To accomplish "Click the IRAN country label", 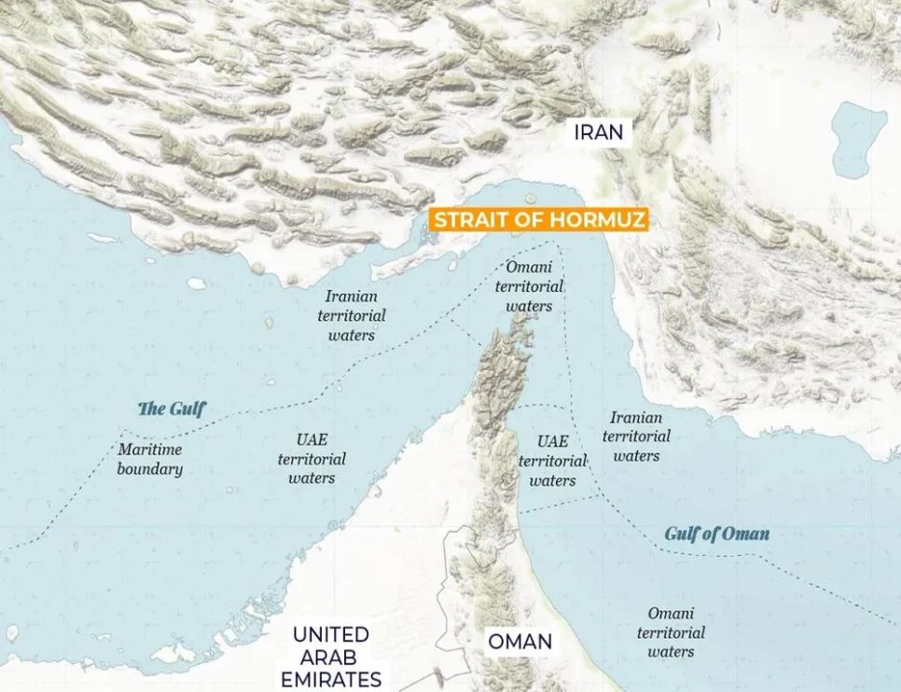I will coord(598,131).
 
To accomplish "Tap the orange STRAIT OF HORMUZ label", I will coord(537,221).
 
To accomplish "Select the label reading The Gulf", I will coord(172,408).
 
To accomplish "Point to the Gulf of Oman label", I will coord(716,533).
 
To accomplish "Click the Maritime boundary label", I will coord(149,459).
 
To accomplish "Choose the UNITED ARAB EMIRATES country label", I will coord(330,657).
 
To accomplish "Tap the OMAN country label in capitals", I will coord(520,642).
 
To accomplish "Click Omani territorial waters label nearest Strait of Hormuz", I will coord(529,286).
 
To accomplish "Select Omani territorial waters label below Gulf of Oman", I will coord(671,632).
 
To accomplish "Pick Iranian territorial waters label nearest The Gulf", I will coord(351,315).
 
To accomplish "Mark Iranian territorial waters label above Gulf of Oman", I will coord(636,436).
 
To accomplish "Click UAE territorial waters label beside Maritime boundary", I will coord(312,459).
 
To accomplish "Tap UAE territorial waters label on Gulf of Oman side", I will coord(552,461).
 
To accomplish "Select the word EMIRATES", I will coord(330,679).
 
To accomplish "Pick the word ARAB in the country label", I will coord(330,657).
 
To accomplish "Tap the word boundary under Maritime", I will coord(149,469).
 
